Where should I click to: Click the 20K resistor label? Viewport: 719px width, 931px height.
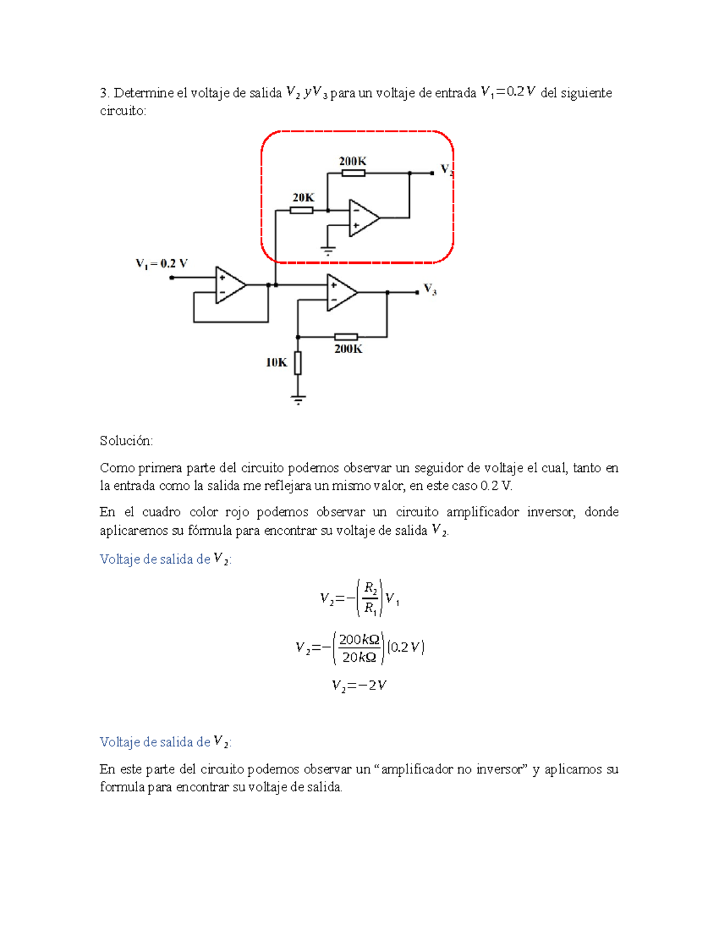point(303,197)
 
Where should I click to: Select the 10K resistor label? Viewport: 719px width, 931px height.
point(276,362)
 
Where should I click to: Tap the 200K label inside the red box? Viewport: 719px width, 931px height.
point(352,161)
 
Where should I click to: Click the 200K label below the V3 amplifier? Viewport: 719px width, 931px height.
point(348,349)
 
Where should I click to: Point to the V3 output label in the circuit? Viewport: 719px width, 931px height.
point(430,290)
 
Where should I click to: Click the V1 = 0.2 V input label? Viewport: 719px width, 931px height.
point(162,263)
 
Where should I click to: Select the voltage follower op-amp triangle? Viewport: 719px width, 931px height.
point(229,285)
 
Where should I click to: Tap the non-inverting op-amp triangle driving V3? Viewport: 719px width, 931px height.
point(341,293)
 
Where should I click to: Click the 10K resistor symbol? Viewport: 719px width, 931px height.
point(298,363)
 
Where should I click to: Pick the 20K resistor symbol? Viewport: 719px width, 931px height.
point(301,210)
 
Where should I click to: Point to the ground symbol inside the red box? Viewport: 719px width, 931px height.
point(328,251)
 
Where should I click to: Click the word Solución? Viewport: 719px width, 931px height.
point(126,441)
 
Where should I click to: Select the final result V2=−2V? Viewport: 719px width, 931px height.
point(359,685)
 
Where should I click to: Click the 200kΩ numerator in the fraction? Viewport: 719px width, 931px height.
point(359,639)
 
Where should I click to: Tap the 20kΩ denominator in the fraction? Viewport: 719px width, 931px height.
point(359,658)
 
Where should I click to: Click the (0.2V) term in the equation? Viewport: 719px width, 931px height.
point(406,647)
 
